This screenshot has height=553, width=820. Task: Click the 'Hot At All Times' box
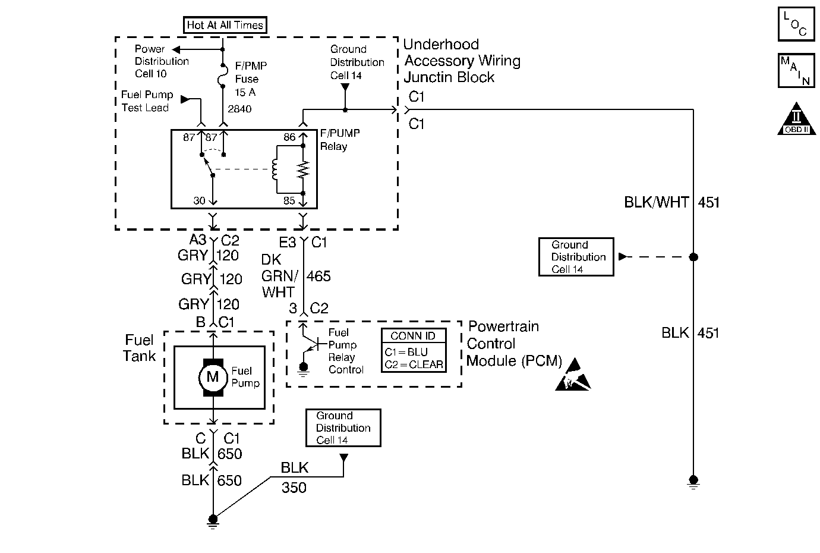pos(225,25)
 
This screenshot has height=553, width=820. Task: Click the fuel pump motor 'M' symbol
pos(212,376)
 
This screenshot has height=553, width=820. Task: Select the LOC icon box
pos(796,24)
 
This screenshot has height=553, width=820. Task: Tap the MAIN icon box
pos(796,70)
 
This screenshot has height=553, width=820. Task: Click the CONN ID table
pos(413,351)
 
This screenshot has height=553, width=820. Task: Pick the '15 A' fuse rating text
pos(245,92)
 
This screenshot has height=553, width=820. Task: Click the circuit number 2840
pos(239,109)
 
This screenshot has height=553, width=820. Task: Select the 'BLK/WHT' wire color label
pos(655,202)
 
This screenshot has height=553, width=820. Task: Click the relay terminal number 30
pos(199,201)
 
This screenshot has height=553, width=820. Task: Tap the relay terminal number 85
pos(289,201)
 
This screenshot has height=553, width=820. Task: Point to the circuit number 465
pos(319,276)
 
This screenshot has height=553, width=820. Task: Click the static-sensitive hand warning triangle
pos(573,376)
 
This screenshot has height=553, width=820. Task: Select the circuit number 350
pos(294,488)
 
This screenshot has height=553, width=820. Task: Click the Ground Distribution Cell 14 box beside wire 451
pos(576,257)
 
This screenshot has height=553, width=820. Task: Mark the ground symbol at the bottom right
pos(693,482)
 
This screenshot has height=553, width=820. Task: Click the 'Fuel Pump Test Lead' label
pos(147,101)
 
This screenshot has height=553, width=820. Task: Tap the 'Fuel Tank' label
pos(139,348)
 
